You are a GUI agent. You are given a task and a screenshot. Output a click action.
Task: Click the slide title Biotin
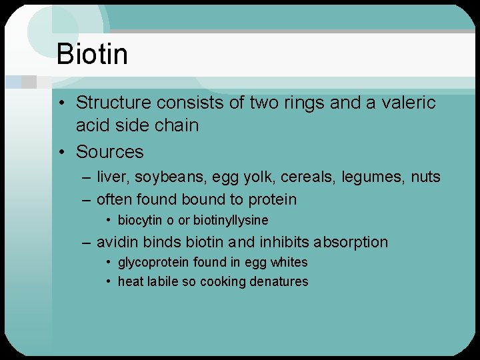pyautogui.click(x=92, y=53)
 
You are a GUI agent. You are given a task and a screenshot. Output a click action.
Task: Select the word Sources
pyautogui.click(x=109, y=152)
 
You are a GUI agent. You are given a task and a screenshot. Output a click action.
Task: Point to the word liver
pyautogui.click(x=111, y=177)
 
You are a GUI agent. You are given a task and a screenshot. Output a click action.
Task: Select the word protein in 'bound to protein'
pyautogui.click(x=273, y=200)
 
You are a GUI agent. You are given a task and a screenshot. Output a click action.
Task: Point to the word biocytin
pyautogui.click(x=141, y=221)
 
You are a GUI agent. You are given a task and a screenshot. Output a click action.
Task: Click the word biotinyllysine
pyautogui.click(x=231, y=221)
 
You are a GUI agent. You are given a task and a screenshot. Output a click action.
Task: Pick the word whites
pyautogui.click(x=288, y=263)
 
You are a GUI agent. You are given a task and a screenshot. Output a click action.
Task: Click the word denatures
pyautogui.click(x=279, y=282)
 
